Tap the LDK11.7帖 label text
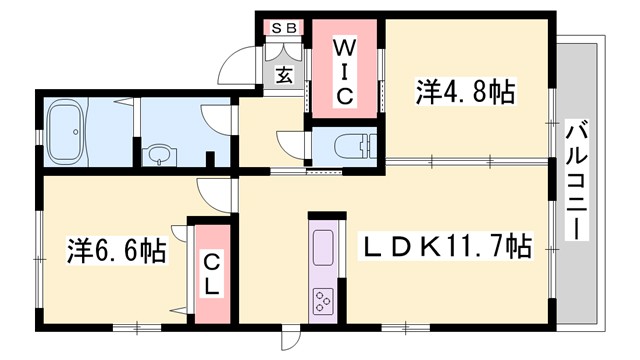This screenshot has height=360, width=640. tap(444, 245)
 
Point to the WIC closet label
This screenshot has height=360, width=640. tap(343, 71)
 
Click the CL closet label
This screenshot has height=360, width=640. tap(212, 272)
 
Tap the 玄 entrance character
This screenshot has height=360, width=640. tap(284, 74)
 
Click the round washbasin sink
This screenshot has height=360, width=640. tap(158, 155)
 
